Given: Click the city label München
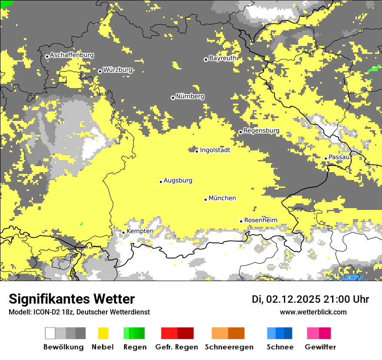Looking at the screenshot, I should (x=222, y=198).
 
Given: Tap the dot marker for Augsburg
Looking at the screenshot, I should (x=161, y=182).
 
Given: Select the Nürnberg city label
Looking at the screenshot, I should (x=190, y=96).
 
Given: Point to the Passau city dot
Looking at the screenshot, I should (x=326, y=158).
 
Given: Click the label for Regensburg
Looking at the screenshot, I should (x=261, y=131).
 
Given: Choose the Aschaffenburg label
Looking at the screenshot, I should (x=72, y=55).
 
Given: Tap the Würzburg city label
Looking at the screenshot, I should (x=118, y=70).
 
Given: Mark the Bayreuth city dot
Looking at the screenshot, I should (x=206, y=59).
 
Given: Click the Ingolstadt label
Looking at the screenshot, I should (x=215, y=150).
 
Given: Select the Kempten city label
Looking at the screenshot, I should (x=140, y=231).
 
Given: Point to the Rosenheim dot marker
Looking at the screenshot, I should (x=241, y=221).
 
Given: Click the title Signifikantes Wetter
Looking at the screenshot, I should (x=72, y=299).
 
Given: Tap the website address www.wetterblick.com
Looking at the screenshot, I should (x=313, y=312).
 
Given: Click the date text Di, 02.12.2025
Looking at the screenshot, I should (x=286, y=299).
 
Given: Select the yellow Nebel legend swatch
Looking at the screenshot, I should (x=103, y=333).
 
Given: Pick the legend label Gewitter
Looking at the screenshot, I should (x=320, y=347).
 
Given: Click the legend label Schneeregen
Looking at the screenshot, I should (x=229, y=347).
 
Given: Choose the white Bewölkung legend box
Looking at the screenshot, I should (x=50, y=333).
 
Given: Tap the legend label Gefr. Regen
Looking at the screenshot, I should (x=176, y=347).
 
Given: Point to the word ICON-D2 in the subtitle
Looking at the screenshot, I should (x=43, y=312).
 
